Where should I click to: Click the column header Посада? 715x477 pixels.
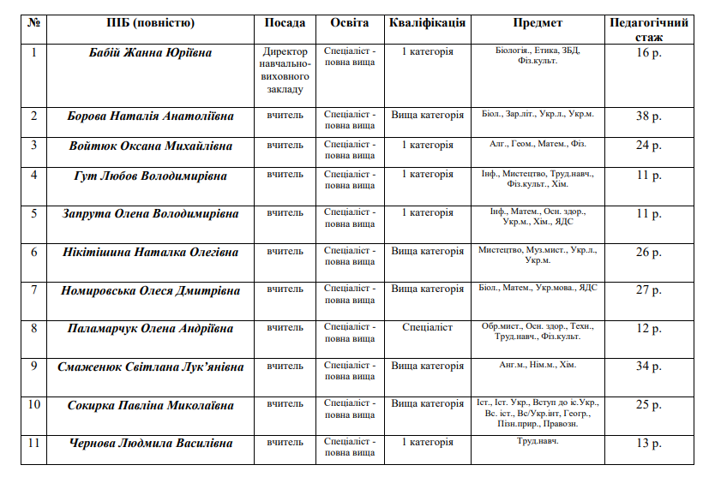tap(285, 23)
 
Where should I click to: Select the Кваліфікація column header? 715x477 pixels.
tap(427, 23)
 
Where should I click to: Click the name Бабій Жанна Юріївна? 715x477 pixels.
tap(150, 53)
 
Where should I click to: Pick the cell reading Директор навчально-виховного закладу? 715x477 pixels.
tap(285, 70)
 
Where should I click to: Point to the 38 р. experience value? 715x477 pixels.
tap(648, 116)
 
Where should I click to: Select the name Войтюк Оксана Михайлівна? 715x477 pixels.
tap(150, 146)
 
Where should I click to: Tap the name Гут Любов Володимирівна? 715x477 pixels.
tap(150, 176)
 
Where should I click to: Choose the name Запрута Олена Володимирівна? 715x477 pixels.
tap(150, 214)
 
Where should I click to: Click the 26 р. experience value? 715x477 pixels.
tap(648, 253)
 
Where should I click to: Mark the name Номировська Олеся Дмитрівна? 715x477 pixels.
tap(150, 290)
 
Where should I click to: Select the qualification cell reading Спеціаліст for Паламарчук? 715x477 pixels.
tap(427, 327)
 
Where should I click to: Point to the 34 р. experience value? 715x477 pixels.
tap(648, 367)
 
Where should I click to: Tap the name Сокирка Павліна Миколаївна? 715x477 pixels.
tap(150, 405)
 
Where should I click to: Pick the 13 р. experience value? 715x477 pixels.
tap(648, 444)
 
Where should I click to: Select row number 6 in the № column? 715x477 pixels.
tap(34, 252)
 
